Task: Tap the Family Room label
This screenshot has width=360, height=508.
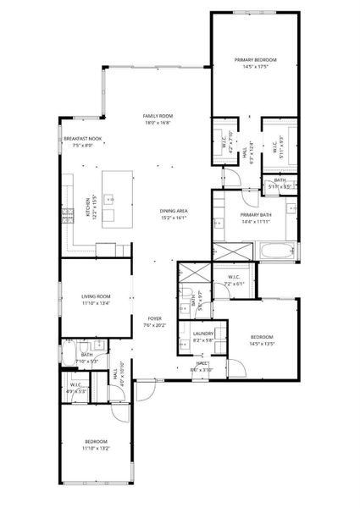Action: (x=158, y=116)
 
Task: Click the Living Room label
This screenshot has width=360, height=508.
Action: (x=97, y=296)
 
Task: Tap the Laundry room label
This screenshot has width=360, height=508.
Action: (x=203, y=334)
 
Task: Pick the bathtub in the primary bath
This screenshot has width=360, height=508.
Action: (x=274, y=251)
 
